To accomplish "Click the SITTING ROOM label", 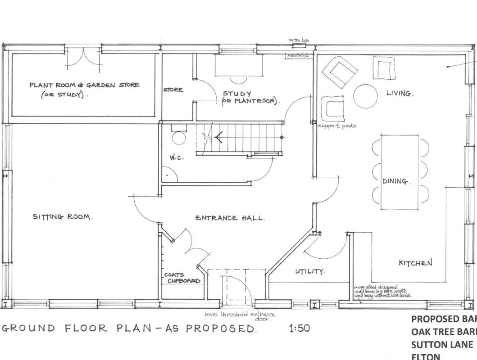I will [63, 217].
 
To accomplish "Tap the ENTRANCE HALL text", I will [230, 218].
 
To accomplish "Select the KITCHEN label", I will [415, 263].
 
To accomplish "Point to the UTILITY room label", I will [310, 272].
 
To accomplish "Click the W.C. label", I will [177, 157].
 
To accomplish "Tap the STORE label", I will [173, 90].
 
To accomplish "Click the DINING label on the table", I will [396, 181].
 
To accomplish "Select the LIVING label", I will [400, 94].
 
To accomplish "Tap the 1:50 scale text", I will [299, 328].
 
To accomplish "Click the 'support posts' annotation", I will [337, 126].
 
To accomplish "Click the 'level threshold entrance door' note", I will [240, 317].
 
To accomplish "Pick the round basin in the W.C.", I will [179, 138].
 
